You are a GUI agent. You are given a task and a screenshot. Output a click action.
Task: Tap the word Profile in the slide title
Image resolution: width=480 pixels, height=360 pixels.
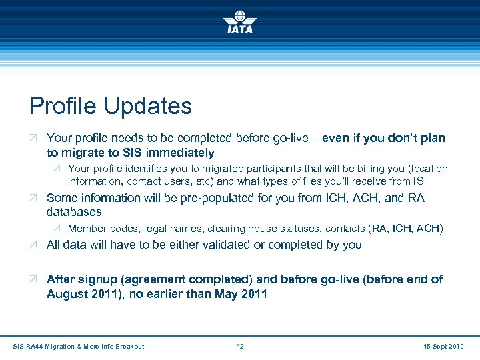pyautogui.click(x=61, y=106)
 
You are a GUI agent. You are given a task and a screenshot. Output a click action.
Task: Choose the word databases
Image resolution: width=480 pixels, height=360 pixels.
pyautogui.click(x=74, y=212)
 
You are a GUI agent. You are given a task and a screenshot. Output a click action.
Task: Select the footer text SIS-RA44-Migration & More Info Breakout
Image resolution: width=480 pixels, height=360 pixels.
pyautogui.click(x=79, y=346)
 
